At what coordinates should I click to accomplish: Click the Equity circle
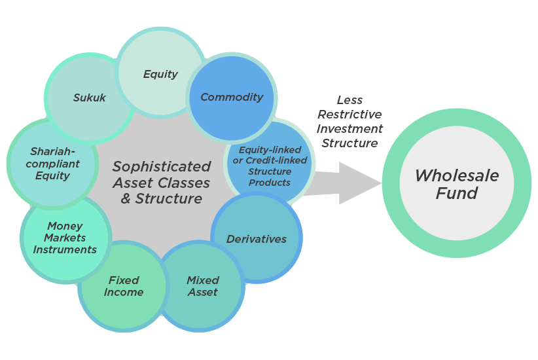click(160, 73)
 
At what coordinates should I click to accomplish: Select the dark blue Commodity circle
click(231, 98)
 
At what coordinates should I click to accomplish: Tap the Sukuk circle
click(90, 98)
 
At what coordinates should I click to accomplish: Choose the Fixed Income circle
click(123, 286)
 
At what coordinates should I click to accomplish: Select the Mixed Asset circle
click(202, 286)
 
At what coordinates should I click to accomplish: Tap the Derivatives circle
click(256, 238)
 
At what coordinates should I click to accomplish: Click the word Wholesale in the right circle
click(456, 175)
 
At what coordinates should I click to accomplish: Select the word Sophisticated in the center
click(162, 166)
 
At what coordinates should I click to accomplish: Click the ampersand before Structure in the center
click(126, 198)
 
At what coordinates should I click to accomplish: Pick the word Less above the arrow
click(350, 100)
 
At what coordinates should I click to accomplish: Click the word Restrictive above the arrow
click(350, 115)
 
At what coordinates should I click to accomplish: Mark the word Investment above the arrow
click(350, 129)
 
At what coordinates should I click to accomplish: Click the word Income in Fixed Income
click(124, 293)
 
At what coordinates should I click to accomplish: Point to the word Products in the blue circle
click(270, 183)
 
